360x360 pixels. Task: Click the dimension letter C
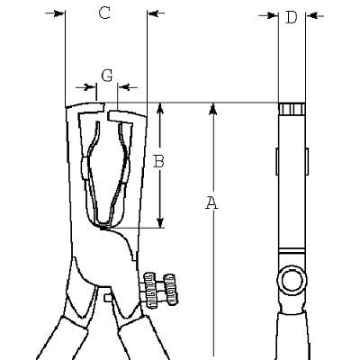pyautogui.click(x=104, y=13)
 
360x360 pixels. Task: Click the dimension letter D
pyautogui.click(x=291, y=17)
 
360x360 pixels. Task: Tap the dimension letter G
pyautogui.click(x=107, y=76)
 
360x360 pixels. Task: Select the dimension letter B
pyautogui.click(x=158, y=161)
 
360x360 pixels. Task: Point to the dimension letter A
pyautogui.click(x=212, y=202)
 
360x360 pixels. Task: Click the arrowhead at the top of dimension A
pyautogui.click(x=213, y=108)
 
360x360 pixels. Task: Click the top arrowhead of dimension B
pyautogui.click(x=160, y=109)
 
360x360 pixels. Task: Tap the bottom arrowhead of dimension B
pyautogui.click(x=160, y=222)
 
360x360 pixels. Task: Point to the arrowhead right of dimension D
pyautogui.click(x=311, y=15)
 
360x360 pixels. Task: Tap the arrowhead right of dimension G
pyautogui.click(x=124, y=87)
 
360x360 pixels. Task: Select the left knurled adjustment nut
pyautogui.click(x=149, y=290)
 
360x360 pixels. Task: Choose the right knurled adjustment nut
pyautogui.click(x=170, y=290)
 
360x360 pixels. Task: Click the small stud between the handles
pyautogui.click(x=107, y=298)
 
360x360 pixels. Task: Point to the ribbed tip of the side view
pyautogui.click(x=292, y=109)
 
